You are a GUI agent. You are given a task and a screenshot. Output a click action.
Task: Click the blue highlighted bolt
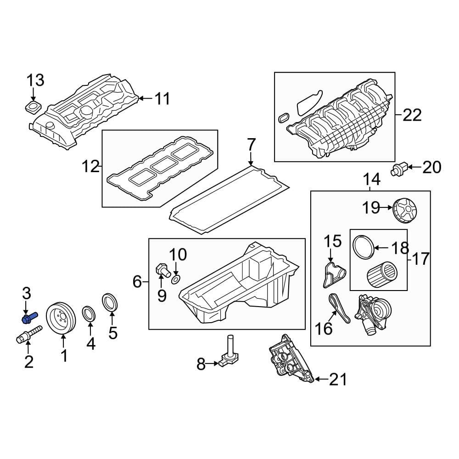tap(29, 317)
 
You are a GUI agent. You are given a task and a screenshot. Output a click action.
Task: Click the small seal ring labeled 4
tap(89, 314)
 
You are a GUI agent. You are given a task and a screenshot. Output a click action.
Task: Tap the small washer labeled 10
tap(176, 279)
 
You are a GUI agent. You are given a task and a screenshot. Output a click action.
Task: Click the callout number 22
tap(412, 115)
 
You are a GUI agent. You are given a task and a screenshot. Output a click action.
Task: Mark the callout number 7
tap(251, 145)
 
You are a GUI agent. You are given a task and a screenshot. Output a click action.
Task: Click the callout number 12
tap(91, 166)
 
